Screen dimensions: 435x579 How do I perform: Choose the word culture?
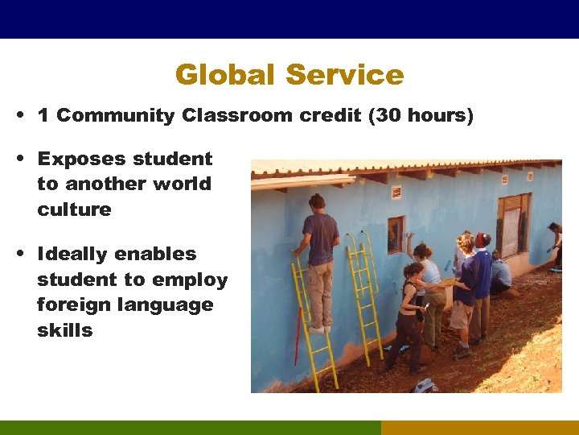pyautogui.click(x=74, y=209)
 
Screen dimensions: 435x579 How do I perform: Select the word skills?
pyautogui.click(x=65, y=330)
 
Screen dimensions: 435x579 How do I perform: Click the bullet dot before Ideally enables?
pyautogui.click(x=18, y=255)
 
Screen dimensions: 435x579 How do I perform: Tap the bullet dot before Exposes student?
pyautogui.click(x=18, y=159)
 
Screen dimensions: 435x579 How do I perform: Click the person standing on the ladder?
pyautogui.click(x=320, y=258)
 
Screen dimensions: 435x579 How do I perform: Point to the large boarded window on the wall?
pyautogui.click(x=513, y=226)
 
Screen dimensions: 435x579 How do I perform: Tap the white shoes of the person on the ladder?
pyautogui.click(x=319, y=329)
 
